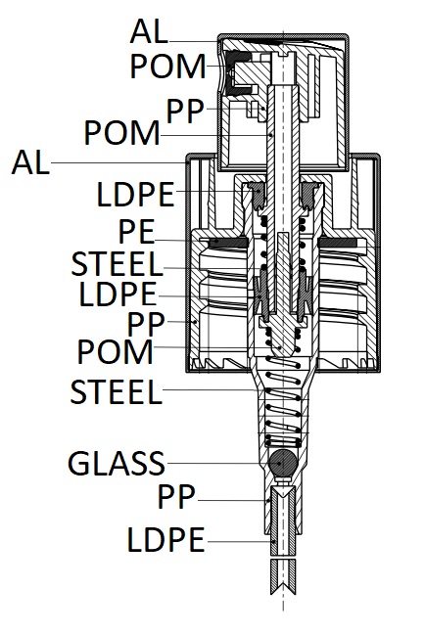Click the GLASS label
[x=117, y=463]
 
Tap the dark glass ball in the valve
[x=283, y=463]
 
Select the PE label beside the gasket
[x=136, y=232]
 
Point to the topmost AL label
[x=149, y=31]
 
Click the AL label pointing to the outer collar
[x=30, y=162]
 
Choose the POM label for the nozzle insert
[x=168, y=66]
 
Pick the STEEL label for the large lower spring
[x=117, y=391]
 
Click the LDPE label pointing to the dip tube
[x=165, y=539]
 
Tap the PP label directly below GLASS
[x=176, y=496]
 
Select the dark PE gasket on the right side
[x=339, y=243]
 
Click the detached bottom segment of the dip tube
[x=283, y=577]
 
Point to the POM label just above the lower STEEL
[x=115, y=351]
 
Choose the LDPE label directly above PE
[x=135, y=195]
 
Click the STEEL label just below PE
[x=117, y=264]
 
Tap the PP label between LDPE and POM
[x=146, y=324]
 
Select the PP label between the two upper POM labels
[x=185, y=112]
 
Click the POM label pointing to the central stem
[x=121, y=133]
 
